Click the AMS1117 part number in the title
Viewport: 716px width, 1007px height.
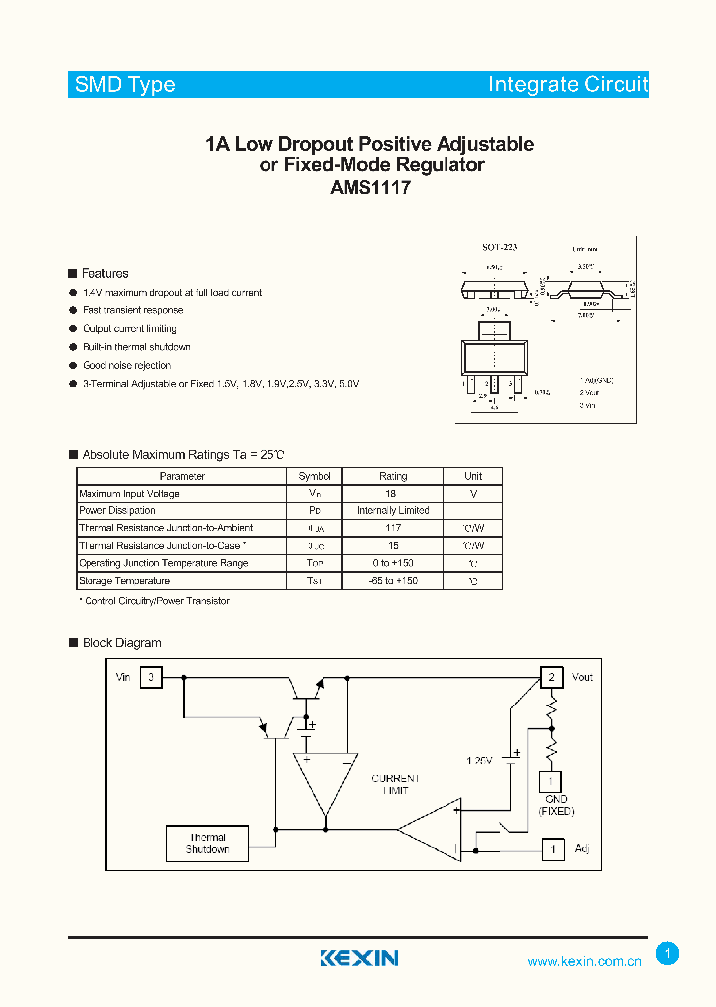(x=370, y=186)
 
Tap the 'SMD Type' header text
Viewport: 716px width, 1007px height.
(x=125, y=85)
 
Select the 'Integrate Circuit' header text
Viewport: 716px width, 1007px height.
(x=568, y=85)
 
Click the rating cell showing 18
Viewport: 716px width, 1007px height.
(x=391, y=494)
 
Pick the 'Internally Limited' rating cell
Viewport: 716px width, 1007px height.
(x=393, y=510)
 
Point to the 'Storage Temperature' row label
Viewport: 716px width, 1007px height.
(x=124, y=580)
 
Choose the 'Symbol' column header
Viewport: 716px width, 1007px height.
(x=315, y=476)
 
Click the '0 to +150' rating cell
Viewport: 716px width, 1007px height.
(x=393, y=563)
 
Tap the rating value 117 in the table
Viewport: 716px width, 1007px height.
(x=392, y=528)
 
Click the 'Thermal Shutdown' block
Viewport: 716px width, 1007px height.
(x=207, y=843)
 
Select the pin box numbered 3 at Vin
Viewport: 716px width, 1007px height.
(x=151, y=678)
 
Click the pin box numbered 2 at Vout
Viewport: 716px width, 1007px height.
(x=551, y=678)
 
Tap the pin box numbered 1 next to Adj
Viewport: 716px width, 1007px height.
(x=552, y=849)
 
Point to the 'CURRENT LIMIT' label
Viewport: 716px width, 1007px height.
(x=395, y=783)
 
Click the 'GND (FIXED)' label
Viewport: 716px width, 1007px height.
(x=556, y=805)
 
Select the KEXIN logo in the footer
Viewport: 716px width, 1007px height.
(x=359, y=958)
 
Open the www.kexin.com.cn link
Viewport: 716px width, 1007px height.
(x=584, y=962)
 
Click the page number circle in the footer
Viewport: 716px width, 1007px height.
(x=667, y=954)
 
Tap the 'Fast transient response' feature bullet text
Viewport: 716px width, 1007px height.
(x=132, y=310)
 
